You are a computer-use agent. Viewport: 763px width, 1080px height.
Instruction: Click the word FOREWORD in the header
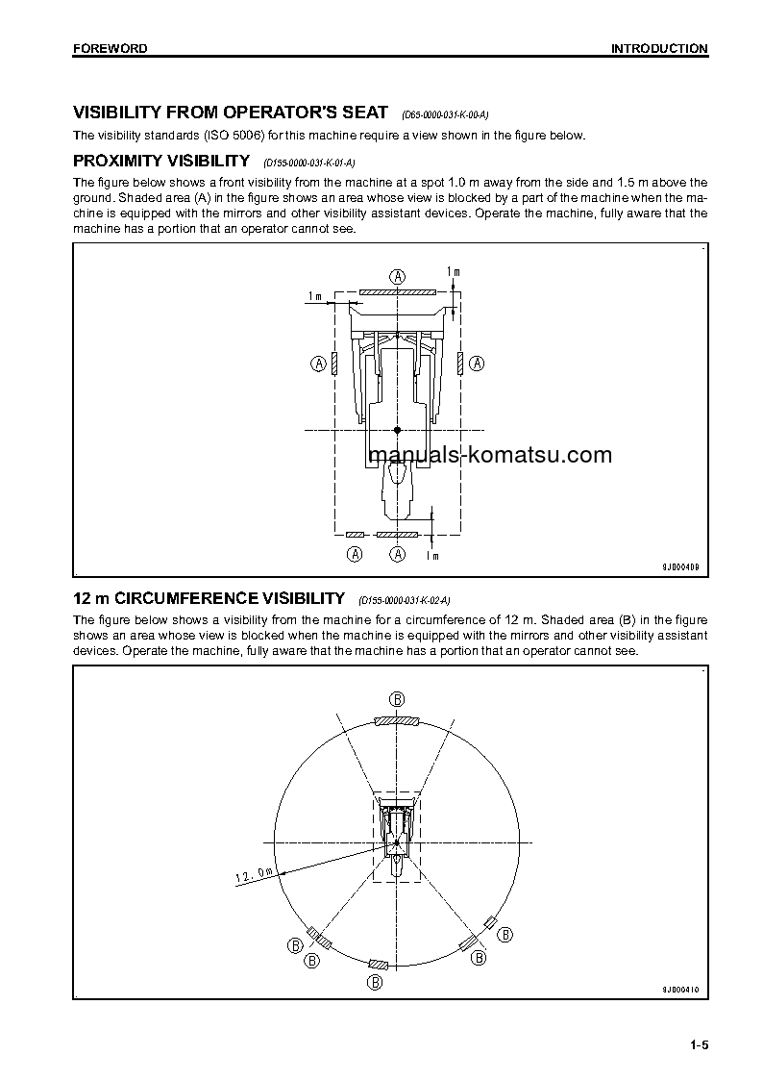click(x=110, y=48)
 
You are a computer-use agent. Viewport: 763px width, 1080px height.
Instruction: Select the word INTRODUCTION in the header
click(x=659, y=48)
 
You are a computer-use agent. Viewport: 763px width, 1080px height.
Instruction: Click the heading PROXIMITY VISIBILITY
click(x=161, y=161)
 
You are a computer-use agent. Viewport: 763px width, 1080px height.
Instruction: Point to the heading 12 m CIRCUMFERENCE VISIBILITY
click(x=209, y=598)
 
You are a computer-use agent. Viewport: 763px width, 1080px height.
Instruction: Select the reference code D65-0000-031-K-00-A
click(x=452, y=114)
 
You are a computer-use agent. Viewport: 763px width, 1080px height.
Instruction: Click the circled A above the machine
click(x=397, y=275)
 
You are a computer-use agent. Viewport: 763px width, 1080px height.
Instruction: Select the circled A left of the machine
click(x=317, y=364)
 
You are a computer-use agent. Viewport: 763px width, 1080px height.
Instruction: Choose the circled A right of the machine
click(x=477, y=364)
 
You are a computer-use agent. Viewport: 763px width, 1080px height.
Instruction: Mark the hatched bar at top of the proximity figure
click(x=397, y=290)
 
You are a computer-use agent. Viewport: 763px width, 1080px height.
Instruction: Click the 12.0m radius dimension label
click(x=255, y=874)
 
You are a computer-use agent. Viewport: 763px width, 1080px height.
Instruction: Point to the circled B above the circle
click(x=397, y=698)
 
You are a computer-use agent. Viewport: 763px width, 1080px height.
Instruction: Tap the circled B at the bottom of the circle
click(x=376, y=982)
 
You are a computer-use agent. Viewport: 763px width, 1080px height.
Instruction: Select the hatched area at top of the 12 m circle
click(x=397, y=720)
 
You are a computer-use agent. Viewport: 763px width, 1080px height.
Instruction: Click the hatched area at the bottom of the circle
click(x=379, y=964)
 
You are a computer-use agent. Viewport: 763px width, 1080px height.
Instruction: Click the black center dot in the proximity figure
click(x=397, y=429)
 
